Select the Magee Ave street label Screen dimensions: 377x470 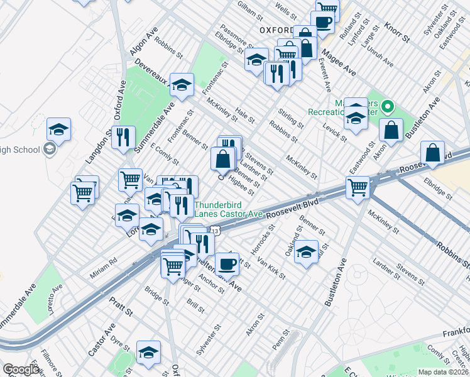(x=339, y=65)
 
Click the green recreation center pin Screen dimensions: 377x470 (x=388, y=108)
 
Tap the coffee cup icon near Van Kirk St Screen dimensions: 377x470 (x=227, y=263)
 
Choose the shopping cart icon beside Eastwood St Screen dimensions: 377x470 (x=358, y=186)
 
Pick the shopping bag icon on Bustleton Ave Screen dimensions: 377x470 (x=391, y=130)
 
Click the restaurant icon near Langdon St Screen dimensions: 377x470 (x=123, y=136)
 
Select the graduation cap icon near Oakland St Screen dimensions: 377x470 (x=306, y=252)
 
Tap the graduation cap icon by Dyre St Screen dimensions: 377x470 (x=149, y=352)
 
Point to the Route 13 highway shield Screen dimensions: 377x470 (x=215, y=232)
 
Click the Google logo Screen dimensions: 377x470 (x=21, y=369)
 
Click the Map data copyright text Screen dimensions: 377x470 (x=443, y=371)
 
